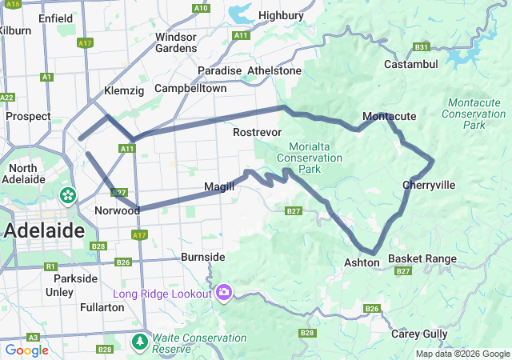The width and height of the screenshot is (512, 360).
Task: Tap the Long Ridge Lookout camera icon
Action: [x=224, y=293]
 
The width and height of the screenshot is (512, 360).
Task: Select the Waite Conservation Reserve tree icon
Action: [x=141, y=342]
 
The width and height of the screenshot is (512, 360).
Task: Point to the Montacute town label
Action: [x=390, y=117]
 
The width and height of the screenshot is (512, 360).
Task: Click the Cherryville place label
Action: [x=429, y=186]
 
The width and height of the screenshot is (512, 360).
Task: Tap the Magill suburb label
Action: [x=220, y=186]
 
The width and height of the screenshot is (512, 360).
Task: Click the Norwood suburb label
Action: [x=113, y=210]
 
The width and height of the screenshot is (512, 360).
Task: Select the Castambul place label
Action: [x=411, y=64]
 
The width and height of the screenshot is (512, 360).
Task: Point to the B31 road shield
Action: [x=422, y=47]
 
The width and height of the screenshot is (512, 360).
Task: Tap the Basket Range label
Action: [x=422, y=259]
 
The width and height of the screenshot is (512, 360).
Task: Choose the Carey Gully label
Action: [x=420, y=334]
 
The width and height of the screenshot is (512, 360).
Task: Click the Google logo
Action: [x=26, y=350]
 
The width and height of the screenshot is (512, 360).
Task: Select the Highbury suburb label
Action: [x=282, y=15]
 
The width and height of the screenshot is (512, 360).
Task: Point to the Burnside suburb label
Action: [x=203, y=258]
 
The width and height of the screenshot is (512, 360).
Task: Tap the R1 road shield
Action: [x=50, y=266]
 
